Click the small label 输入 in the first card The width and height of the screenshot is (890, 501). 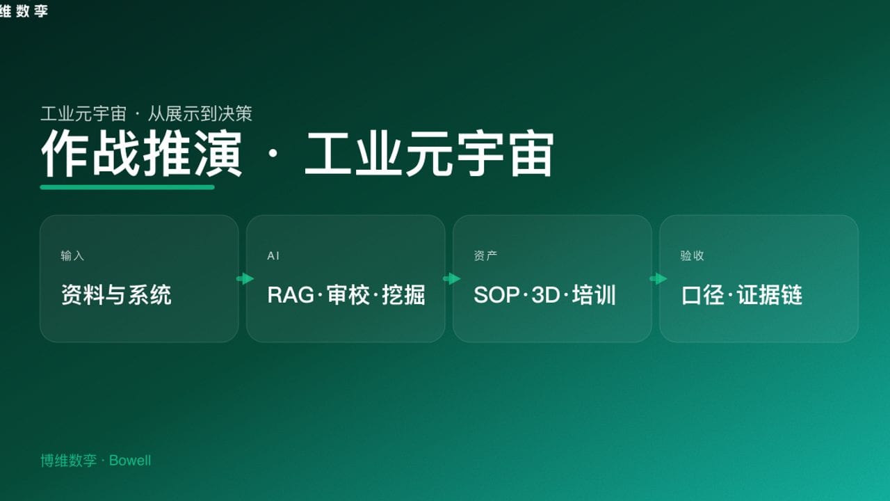tap(72, 256)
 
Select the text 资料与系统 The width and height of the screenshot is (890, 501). tap(116, 295)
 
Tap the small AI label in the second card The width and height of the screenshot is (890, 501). tap(273, 256)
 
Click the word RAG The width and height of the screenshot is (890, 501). tap(290, 295)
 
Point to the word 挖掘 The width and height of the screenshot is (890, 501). tap(403, 295)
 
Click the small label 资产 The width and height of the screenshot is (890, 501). tap(485, 256)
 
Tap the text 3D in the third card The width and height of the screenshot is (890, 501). tap(546, 295)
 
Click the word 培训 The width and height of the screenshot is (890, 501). tap(594, 295)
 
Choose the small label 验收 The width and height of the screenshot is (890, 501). tap(692, 256)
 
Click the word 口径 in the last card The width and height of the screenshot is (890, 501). tap(703, 295)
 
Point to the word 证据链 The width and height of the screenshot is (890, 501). tap(770, 295)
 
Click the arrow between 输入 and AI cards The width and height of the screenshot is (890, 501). tap(245, 279)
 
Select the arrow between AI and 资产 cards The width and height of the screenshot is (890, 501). tap(451, 279)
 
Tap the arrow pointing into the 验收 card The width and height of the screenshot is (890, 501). tap(658, 279)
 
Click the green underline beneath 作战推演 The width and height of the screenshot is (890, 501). tap(127, 187)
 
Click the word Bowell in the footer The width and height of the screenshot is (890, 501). tap(130, 461)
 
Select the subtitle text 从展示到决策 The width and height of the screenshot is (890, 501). tap(200, 113)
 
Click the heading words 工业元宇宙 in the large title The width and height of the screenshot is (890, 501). tap(429, 154)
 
